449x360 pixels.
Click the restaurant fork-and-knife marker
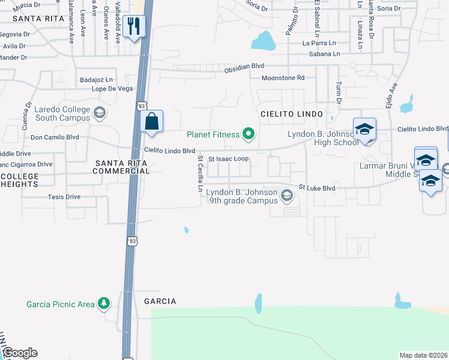pyautogui.click(x=133, y=25)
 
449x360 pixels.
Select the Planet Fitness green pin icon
pyautogui.click(x=248, y=134)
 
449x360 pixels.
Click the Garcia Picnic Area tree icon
pyautogui.click(x=104, y=304)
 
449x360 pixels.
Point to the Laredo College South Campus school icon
pyautogui.click(x=100, y=112)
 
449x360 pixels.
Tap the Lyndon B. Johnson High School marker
pyautogui.click(x=364, y=130)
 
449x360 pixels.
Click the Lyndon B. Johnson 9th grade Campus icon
pyautogui.click(x=287, y=195)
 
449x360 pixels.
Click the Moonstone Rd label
pyautogui.click(x=283, y=78)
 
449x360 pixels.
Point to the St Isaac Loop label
pyautogui.click(x=228, y=159)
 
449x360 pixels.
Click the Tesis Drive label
pyautogui.click(x=64, y=196)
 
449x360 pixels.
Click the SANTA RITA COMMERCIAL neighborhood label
pyautogui.click(x=121, y=166)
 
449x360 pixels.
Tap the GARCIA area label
pyautogui.click(x=160, y=301)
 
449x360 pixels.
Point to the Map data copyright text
pyautogui.click(x=424, y=355)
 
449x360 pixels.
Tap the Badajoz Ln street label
pyautogui.click(x=97, y=79)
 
